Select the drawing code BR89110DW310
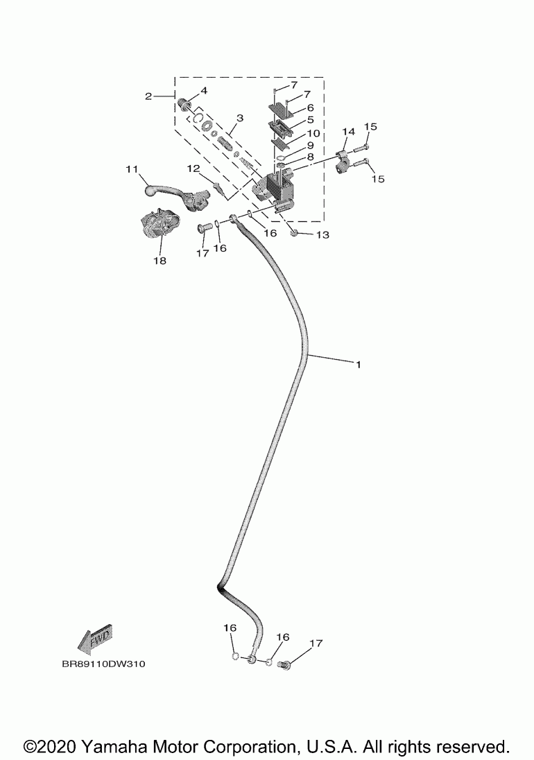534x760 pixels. point(103,664)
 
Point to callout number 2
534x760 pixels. point(148,96)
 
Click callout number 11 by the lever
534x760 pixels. point(132,169)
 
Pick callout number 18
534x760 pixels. point(160,261)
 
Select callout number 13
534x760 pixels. point(322,235)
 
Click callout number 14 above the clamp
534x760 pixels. point(347,132)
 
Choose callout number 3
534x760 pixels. point(239,119)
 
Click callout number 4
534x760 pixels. point(204,92)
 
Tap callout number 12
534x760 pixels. point(193,169)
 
